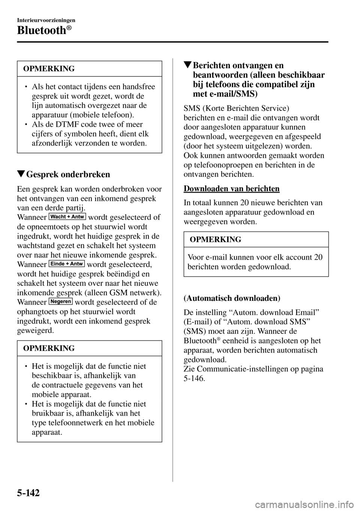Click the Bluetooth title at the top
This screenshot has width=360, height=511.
42,30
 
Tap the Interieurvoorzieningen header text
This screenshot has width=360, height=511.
46,20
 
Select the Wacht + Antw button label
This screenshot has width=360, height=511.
67,216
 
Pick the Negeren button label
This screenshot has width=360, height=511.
60,301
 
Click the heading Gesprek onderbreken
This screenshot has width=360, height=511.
69,174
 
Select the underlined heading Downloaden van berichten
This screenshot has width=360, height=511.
231,189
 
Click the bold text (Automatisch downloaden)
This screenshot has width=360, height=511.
232,298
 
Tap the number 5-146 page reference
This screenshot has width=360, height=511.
195,378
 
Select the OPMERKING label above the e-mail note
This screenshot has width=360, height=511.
215,239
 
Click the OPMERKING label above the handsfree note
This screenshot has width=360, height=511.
49,69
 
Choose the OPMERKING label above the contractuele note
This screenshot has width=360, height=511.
49,348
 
